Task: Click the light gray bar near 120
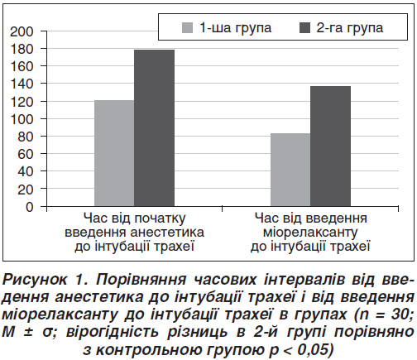[x=114, y=153]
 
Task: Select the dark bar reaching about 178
[x=155, y=128]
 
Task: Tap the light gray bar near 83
[x=290, y=170]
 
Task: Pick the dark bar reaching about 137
[x=331, y=146]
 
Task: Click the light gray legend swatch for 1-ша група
[x=187, y=28]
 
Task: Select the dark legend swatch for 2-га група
[x=304, y=28]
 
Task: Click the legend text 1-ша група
[x=236, y=28]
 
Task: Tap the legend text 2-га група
[x=350, y=28]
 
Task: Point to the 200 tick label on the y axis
[x=22, y=32]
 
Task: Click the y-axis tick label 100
[x=22, y=119]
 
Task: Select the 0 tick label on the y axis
[x=29, y=207]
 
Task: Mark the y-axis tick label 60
[x=26, y=154]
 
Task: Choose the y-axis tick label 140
[x=22, y=84]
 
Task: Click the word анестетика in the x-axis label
[x=167, y=233]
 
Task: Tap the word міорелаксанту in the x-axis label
[x=310, y=233]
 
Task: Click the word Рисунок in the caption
[x=35, y=280]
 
